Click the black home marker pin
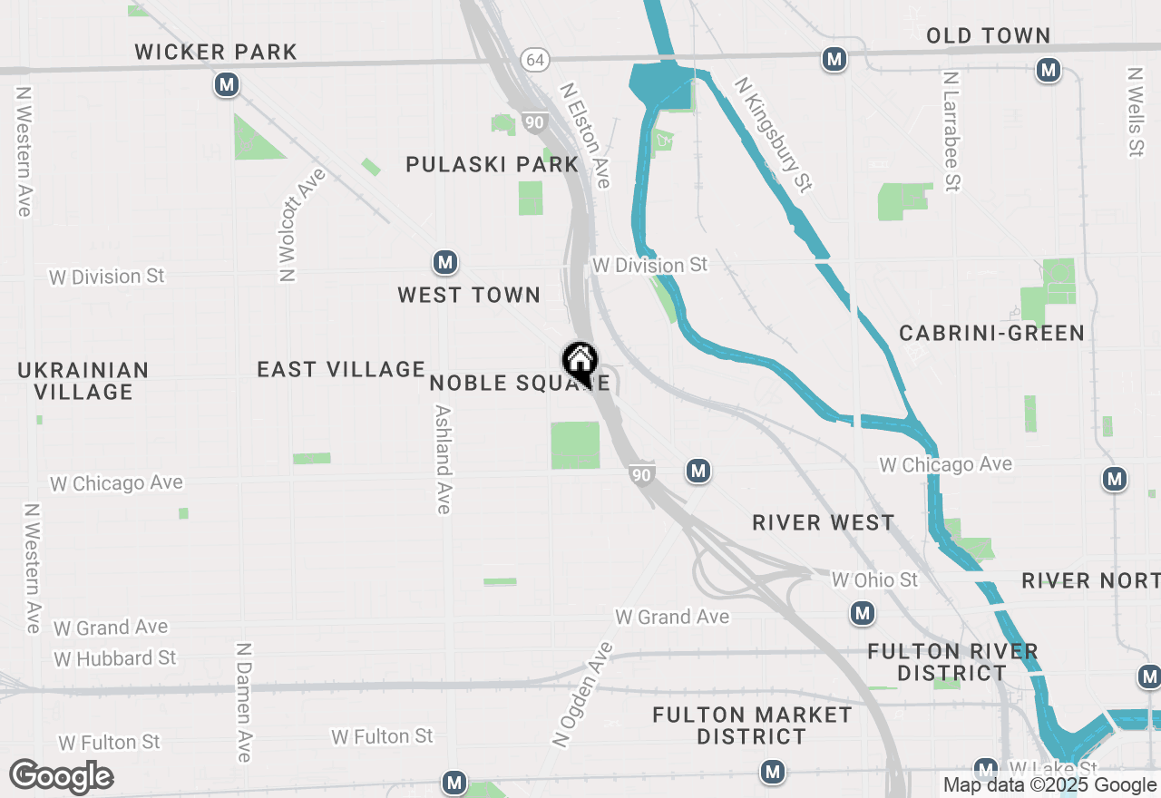click(x=580, y=364)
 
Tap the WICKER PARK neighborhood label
click(x=216, y=52)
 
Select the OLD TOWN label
click(x=988, y=35)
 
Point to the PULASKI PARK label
click(x=492, y=164)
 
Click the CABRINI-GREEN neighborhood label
click(x=992, y=333)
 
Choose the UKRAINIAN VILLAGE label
click(x=83, y=381)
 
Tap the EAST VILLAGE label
click(x=341, y=369)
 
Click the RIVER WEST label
click(x=824, y=522)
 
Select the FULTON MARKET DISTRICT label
click(x=752, y=725)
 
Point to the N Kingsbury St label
click(x=773, y=134)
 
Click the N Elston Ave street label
click(x=585, y=136)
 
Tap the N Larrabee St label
click(x=951, y=132)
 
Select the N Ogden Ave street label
click(x=582, y=695)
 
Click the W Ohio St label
click(x=874, y=579)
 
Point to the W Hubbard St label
click(x=115, y=657)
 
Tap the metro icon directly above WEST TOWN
click(x=444, y=263)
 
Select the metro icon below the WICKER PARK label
click(x=227, y=85)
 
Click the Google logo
click(x=61, y=777)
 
